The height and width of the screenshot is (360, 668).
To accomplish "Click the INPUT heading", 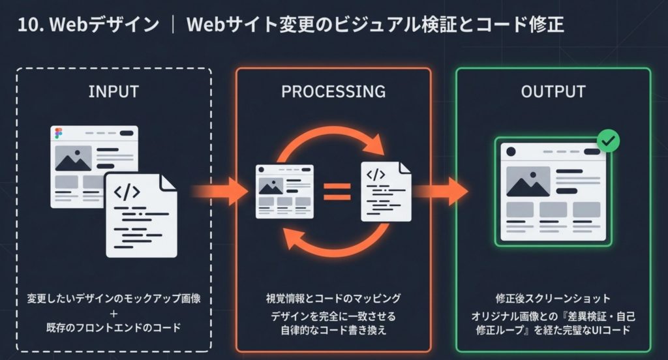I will (114, 92).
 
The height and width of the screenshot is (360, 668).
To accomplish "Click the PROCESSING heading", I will (333, 92).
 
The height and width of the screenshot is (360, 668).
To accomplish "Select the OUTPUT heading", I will (553, 92).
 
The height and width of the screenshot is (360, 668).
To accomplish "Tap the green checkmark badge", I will (609, 140).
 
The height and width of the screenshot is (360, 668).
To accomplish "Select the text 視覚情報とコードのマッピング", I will (333, 299).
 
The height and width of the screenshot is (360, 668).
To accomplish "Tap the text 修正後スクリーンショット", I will (553, 299).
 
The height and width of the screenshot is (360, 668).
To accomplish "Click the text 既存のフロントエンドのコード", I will (114, 328).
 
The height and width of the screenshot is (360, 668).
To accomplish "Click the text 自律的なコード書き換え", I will (333, 331).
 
